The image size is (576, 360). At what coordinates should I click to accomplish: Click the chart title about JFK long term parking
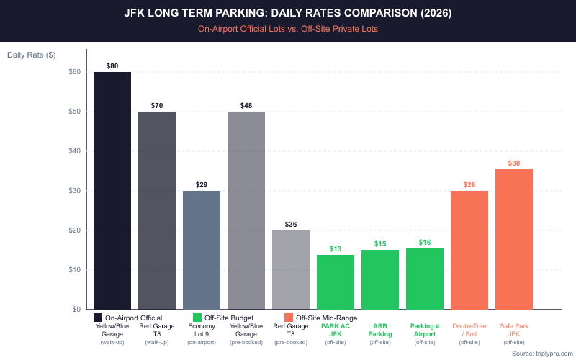(288, 14)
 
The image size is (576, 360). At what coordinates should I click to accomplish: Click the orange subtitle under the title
(288, 29)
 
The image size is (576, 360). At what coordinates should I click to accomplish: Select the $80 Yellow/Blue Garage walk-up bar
(112, 191)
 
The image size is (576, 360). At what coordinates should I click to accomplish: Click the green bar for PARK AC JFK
(336, 282)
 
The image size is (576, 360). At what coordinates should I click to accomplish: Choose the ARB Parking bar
(380, 279)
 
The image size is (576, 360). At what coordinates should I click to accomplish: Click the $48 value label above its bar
(246, 106)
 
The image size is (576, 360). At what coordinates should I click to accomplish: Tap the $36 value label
(291, 225)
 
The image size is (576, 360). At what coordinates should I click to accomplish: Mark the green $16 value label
(425, 243)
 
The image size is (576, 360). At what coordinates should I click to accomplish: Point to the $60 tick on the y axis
(75, 72)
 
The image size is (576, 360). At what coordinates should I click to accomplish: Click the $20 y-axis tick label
(75, 230)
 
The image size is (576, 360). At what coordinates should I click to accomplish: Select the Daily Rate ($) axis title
(32, 55)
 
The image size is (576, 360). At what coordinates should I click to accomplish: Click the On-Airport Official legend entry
(128, 318)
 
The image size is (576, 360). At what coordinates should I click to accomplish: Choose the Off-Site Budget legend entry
(223, 318)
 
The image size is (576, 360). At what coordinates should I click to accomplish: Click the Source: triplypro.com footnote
(542, 354)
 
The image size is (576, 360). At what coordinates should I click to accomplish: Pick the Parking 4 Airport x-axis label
(425, 330)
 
